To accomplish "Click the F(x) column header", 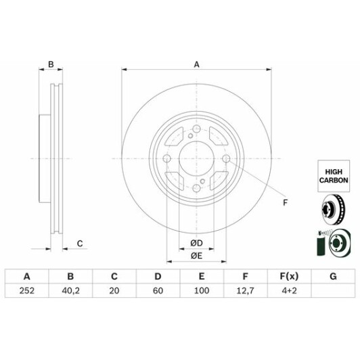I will click(x=289, y=276).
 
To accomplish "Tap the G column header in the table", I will click(x=333, y=276).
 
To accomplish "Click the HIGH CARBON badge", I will click(x=332, y=177).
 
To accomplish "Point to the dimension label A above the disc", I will click(x=196, y=65).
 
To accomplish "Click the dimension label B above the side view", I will click(x=50, y=65).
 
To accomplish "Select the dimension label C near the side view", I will click(x=80, y=243).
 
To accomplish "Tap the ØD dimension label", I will click(x=196, y=243).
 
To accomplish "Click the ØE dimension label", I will click(x=196, y=256).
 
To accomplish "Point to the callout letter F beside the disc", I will click(x=285, y=202).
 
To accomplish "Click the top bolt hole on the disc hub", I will click(x=196, y=131).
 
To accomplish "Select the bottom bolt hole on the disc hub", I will click(x=196, y=189).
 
